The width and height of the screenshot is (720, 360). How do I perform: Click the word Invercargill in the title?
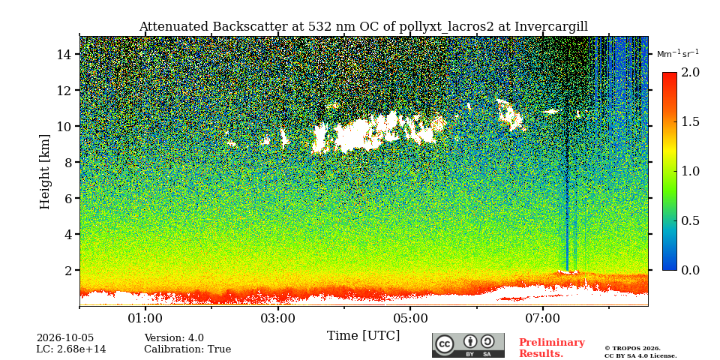[551, 27]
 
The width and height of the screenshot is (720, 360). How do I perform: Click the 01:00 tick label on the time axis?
[145, 318]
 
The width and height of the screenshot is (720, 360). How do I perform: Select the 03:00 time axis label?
[277, 318]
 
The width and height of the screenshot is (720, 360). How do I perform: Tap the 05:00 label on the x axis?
[410, 318]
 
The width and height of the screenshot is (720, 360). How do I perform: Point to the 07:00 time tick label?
[543, 318]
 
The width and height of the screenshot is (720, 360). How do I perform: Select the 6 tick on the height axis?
[68, 198]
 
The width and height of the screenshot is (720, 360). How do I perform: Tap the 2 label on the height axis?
[68, 270]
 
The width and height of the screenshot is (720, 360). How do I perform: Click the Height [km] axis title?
[44, 172]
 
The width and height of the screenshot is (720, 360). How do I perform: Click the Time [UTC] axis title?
[363, 336]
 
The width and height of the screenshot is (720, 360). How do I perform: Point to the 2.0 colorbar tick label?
[690, 72]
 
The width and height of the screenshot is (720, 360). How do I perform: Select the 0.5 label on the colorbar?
[690, 220]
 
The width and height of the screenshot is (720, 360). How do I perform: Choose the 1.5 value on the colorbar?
[690, 121]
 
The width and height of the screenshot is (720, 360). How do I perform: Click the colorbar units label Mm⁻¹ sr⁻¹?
[678, 54]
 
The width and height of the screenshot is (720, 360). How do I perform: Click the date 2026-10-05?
[65, 338]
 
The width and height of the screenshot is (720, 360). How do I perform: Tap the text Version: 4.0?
[174, 338]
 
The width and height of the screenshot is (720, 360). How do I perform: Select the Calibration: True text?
[187, 349]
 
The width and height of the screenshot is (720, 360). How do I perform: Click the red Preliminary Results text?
[551, 348]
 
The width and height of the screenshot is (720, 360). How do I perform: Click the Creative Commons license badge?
[468, 345]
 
